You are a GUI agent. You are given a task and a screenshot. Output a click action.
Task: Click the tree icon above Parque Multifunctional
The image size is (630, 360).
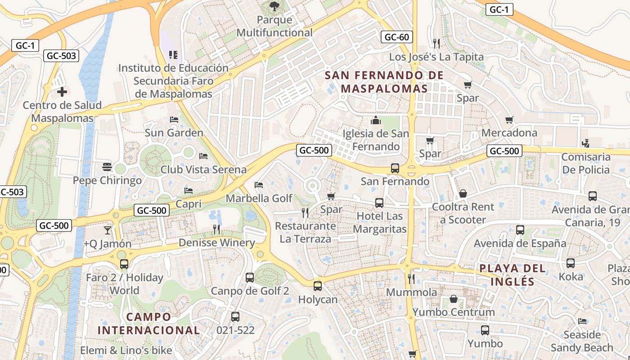[274, 6]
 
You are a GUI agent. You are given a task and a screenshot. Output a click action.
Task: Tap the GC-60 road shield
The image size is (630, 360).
[396, 37]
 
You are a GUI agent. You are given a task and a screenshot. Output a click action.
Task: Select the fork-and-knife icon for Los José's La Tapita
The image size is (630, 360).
[436, 43]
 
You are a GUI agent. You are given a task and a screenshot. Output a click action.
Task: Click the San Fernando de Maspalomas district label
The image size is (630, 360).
[384, 82]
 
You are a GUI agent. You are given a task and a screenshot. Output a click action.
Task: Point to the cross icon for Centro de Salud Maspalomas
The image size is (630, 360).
[62, 92]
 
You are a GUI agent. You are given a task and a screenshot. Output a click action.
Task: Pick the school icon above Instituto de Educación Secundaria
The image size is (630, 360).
[173, 55]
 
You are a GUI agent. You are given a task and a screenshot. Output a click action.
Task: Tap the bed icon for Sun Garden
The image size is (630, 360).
[174, 120]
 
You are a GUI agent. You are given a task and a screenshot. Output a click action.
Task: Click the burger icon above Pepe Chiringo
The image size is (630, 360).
[107, 167]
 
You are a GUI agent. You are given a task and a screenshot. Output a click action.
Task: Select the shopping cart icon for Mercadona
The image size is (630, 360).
[509, 120]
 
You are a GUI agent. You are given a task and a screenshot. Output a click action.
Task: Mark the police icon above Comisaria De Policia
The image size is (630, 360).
[585, 144]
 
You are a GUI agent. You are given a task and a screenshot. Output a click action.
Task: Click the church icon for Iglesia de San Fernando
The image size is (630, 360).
[375, 120]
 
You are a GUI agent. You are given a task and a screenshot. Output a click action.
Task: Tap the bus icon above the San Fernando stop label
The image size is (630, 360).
[395, 168]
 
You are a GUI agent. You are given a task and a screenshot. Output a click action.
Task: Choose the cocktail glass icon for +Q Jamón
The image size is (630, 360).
[107, 230]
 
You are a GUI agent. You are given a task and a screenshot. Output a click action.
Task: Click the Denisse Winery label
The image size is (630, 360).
[216, 243]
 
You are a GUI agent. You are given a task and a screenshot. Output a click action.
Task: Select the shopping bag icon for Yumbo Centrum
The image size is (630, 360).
[454, 299]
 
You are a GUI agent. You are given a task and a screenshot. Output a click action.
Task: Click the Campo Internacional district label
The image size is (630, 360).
[148, 323]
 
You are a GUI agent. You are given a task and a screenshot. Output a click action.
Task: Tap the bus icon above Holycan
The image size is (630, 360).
[318, 286]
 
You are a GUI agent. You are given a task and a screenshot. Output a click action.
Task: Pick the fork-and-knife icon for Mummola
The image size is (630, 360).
[411, 279]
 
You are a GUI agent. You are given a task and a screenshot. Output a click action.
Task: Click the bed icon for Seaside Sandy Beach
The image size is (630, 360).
[582, 321]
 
